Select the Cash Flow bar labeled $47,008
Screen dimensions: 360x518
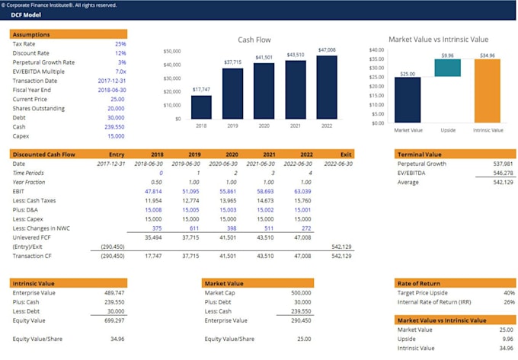(326, 87)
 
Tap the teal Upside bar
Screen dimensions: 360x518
(448, 68)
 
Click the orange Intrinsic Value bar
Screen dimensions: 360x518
(488, 91)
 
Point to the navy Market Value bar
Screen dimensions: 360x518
(408, 100)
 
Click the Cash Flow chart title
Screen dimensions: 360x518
(254, 40)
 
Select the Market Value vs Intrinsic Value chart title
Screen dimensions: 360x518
(438, 40)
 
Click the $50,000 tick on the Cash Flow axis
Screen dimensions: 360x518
(172, 51)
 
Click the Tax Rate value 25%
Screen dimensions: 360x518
(120, 44)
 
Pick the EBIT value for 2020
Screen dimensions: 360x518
(227, 192)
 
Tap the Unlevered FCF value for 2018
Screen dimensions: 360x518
(153, 237)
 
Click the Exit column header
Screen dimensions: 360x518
(347, 155)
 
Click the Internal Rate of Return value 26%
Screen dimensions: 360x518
(509, 302)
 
